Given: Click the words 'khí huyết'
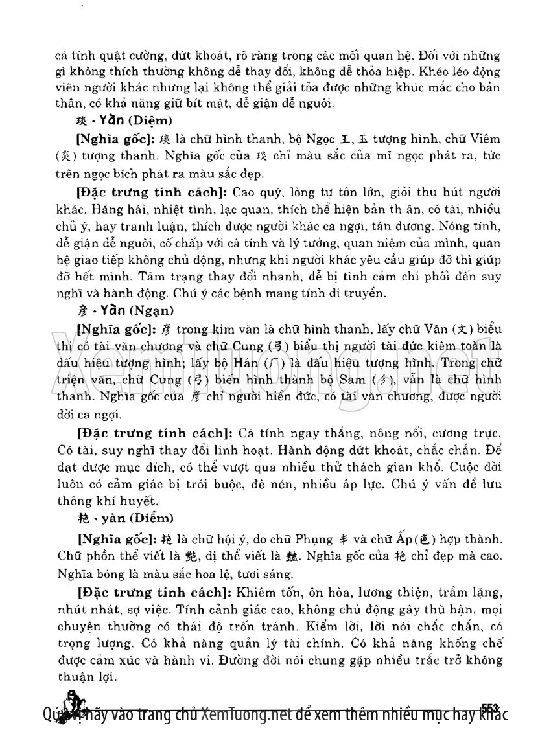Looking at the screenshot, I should (128, 500).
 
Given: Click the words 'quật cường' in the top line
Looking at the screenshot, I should (134, 52).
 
